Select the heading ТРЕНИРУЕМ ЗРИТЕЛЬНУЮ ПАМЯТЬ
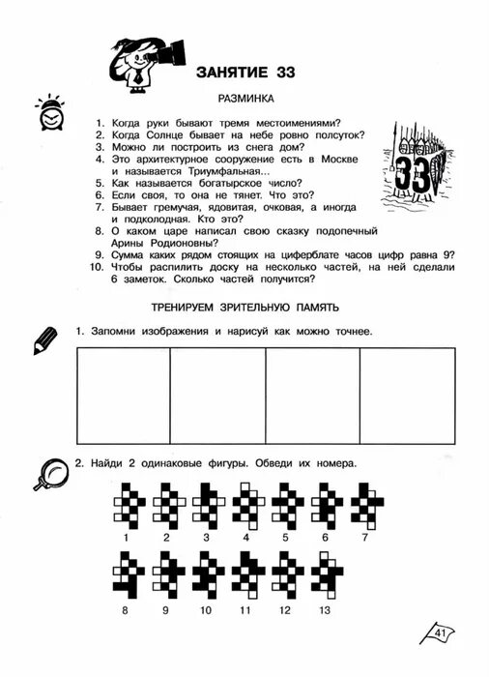tap(244, 308)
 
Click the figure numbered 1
tap(127, 504)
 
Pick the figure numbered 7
tap(364, 504)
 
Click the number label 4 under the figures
tap(246, 537)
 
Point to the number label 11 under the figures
tap(245, 611)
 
